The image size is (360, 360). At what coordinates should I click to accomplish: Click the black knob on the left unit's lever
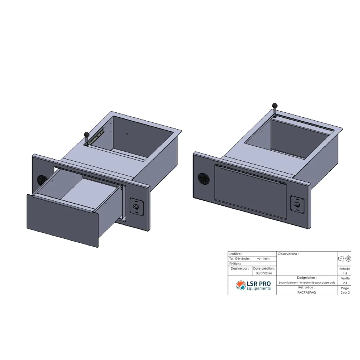86,134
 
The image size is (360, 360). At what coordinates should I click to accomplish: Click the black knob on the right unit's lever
274,106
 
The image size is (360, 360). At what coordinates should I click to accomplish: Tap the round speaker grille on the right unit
204,179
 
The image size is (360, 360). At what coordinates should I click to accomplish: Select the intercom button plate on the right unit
297,204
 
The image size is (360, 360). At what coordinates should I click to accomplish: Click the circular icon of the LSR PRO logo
241,285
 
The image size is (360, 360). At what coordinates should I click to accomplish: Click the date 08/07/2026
264,273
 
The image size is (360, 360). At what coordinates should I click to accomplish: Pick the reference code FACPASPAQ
306,292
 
